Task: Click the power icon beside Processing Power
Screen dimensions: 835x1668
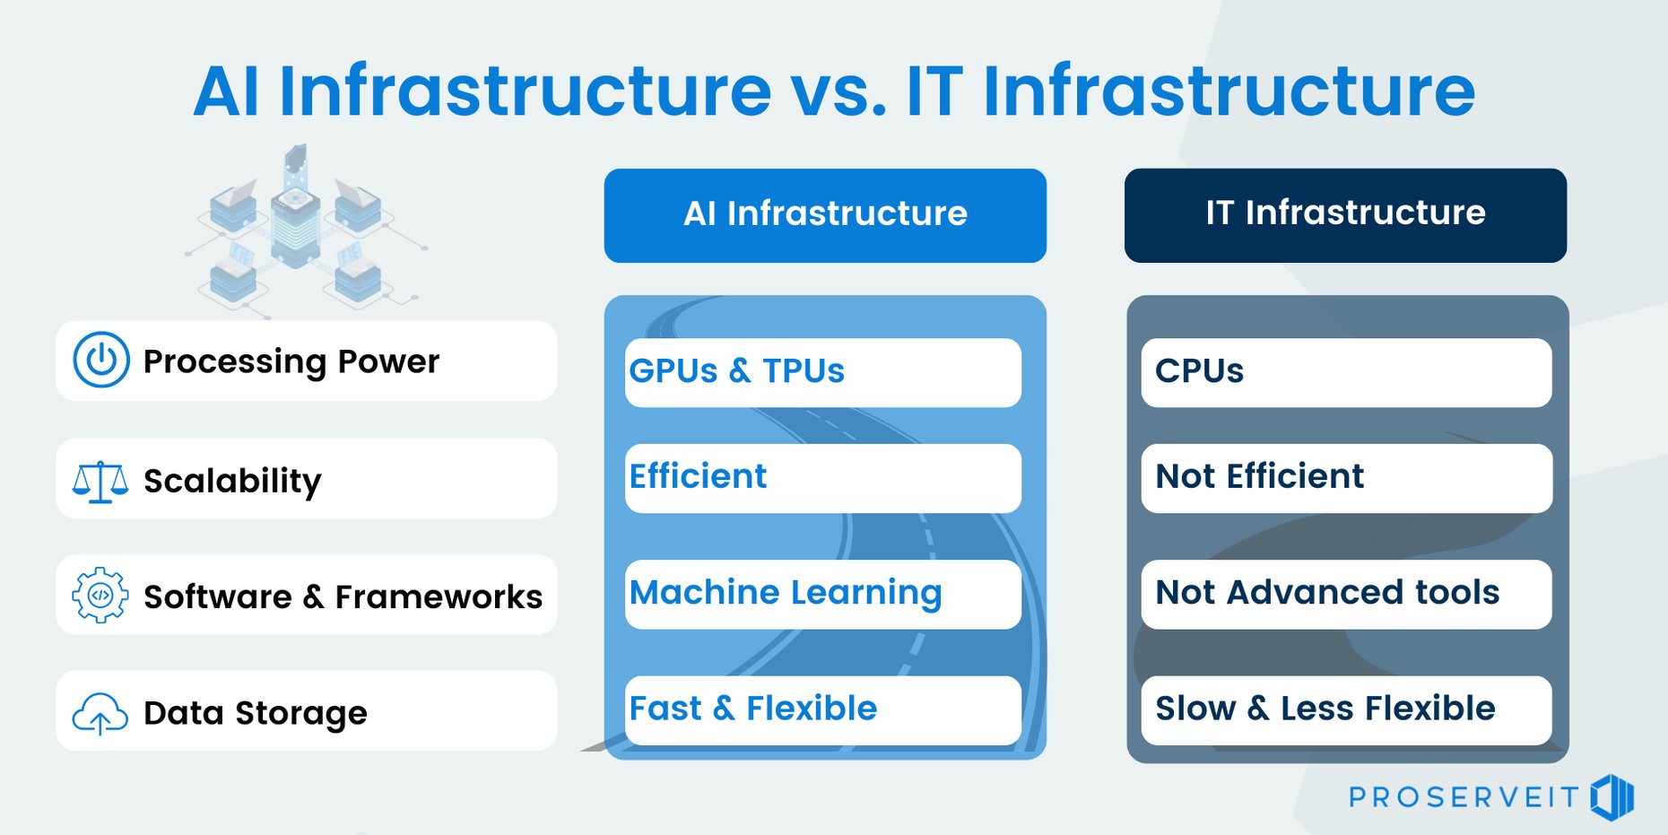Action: [x=101, y=361]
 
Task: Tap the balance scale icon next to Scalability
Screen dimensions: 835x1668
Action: [x=100, y=481]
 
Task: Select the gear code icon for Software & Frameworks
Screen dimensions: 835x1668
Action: [x=100, y=595]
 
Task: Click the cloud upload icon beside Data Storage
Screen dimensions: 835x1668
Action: [x=100, y=714]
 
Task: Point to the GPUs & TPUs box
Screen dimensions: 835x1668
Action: [x=822, y=372]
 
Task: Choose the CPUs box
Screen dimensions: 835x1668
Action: [x=1345, y=372]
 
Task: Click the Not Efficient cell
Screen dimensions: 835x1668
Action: [x=1345, y=478]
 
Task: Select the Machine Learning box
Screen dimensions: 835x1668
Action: [x=822, y=594]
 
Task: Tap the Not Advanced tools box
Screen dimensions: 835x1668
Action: [x=1345, y=594]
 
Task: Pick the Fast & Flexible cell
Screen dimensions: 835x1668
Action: [x=822, y=709]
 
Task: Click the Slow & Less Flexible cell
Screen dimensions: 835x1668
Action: [x=1345, y=709]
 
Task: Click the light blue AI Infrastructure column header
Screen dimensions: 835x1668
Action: [x=825, y=215]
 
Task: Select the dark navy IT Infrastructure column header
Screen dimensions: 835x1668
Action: [x=1345, y=215]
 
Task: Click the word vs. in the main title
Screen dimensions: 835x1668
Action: [x=838, y=91]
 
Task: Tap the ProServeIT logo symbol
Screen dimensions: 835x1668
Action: [x=1612, y=796]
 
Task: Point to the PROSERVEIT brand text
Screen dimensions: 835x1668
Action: [x=1464, y=797]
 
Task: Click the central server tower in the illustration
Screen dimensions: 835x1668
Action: [x=296, y=224]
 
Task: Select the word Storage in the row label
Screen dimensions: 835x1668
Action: [x=300, y=714]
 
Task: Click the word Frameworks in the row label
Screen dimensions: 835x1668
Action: [x=439, y=597]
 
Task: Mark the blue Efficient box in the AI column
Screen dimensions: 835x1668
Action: [x=822, y=478]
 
